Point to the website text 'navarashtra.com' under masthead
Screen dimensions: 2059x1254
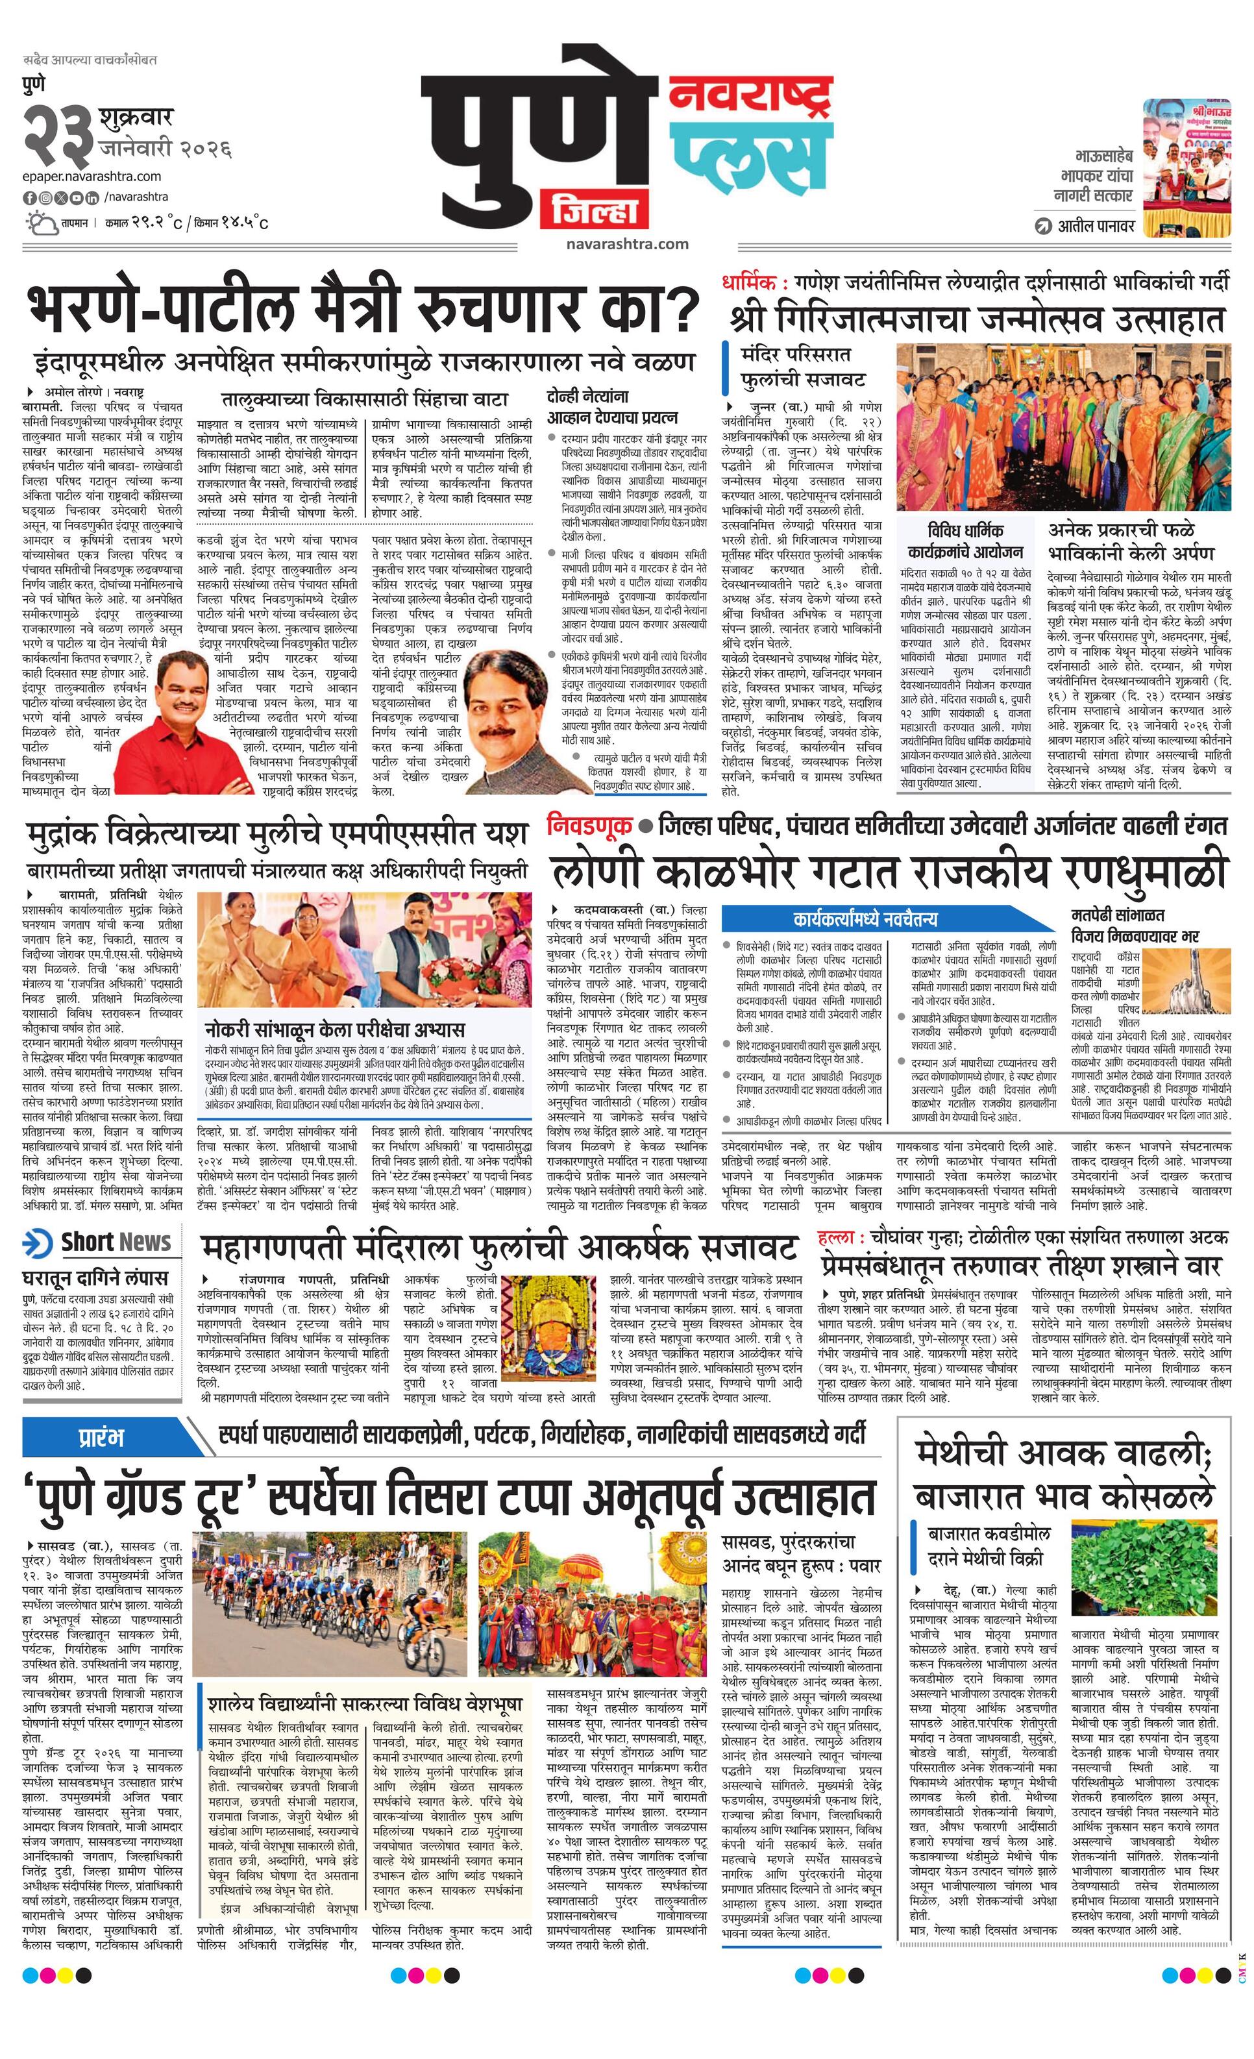coord(626,244)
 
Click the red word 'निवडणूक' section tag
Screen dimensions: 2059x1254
coord(588,826)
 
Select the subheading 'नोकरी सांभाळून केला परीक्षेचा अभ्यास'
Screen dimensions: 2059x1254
coord(335,1029)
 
